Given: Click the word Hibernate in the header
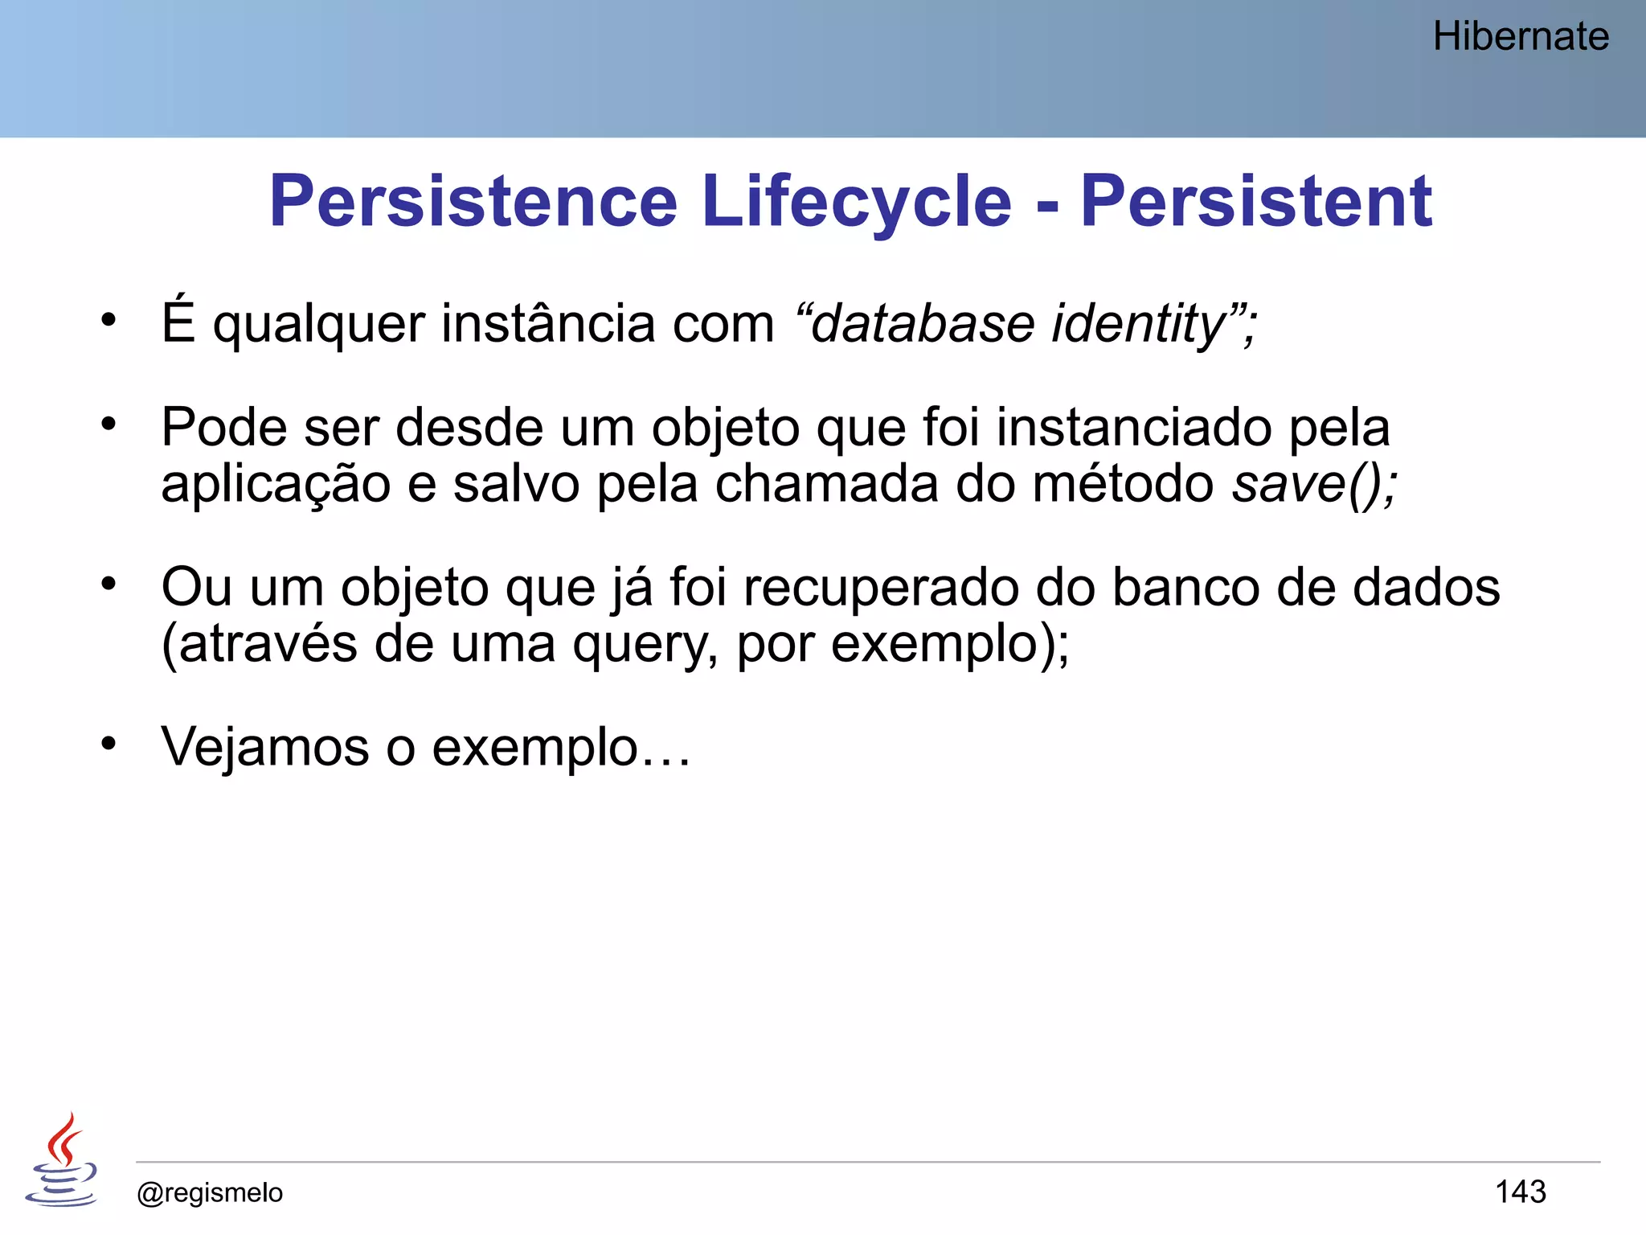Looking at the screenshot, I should [x=1520, y=37].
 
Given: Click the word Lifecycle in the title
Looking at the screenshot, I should [x=856, y=202].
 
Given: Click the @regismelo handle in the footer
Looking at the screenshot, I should [x=210, y=1192].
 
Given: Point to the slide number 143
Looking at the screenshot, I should [x=1520, y=1192].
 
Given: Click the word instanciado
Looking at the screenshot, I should [x=1133, y=427].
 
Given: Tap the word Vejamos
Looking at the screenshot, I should [x=264, y=747].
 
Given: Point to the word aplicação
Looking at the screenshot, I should [x=276, y=486].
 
